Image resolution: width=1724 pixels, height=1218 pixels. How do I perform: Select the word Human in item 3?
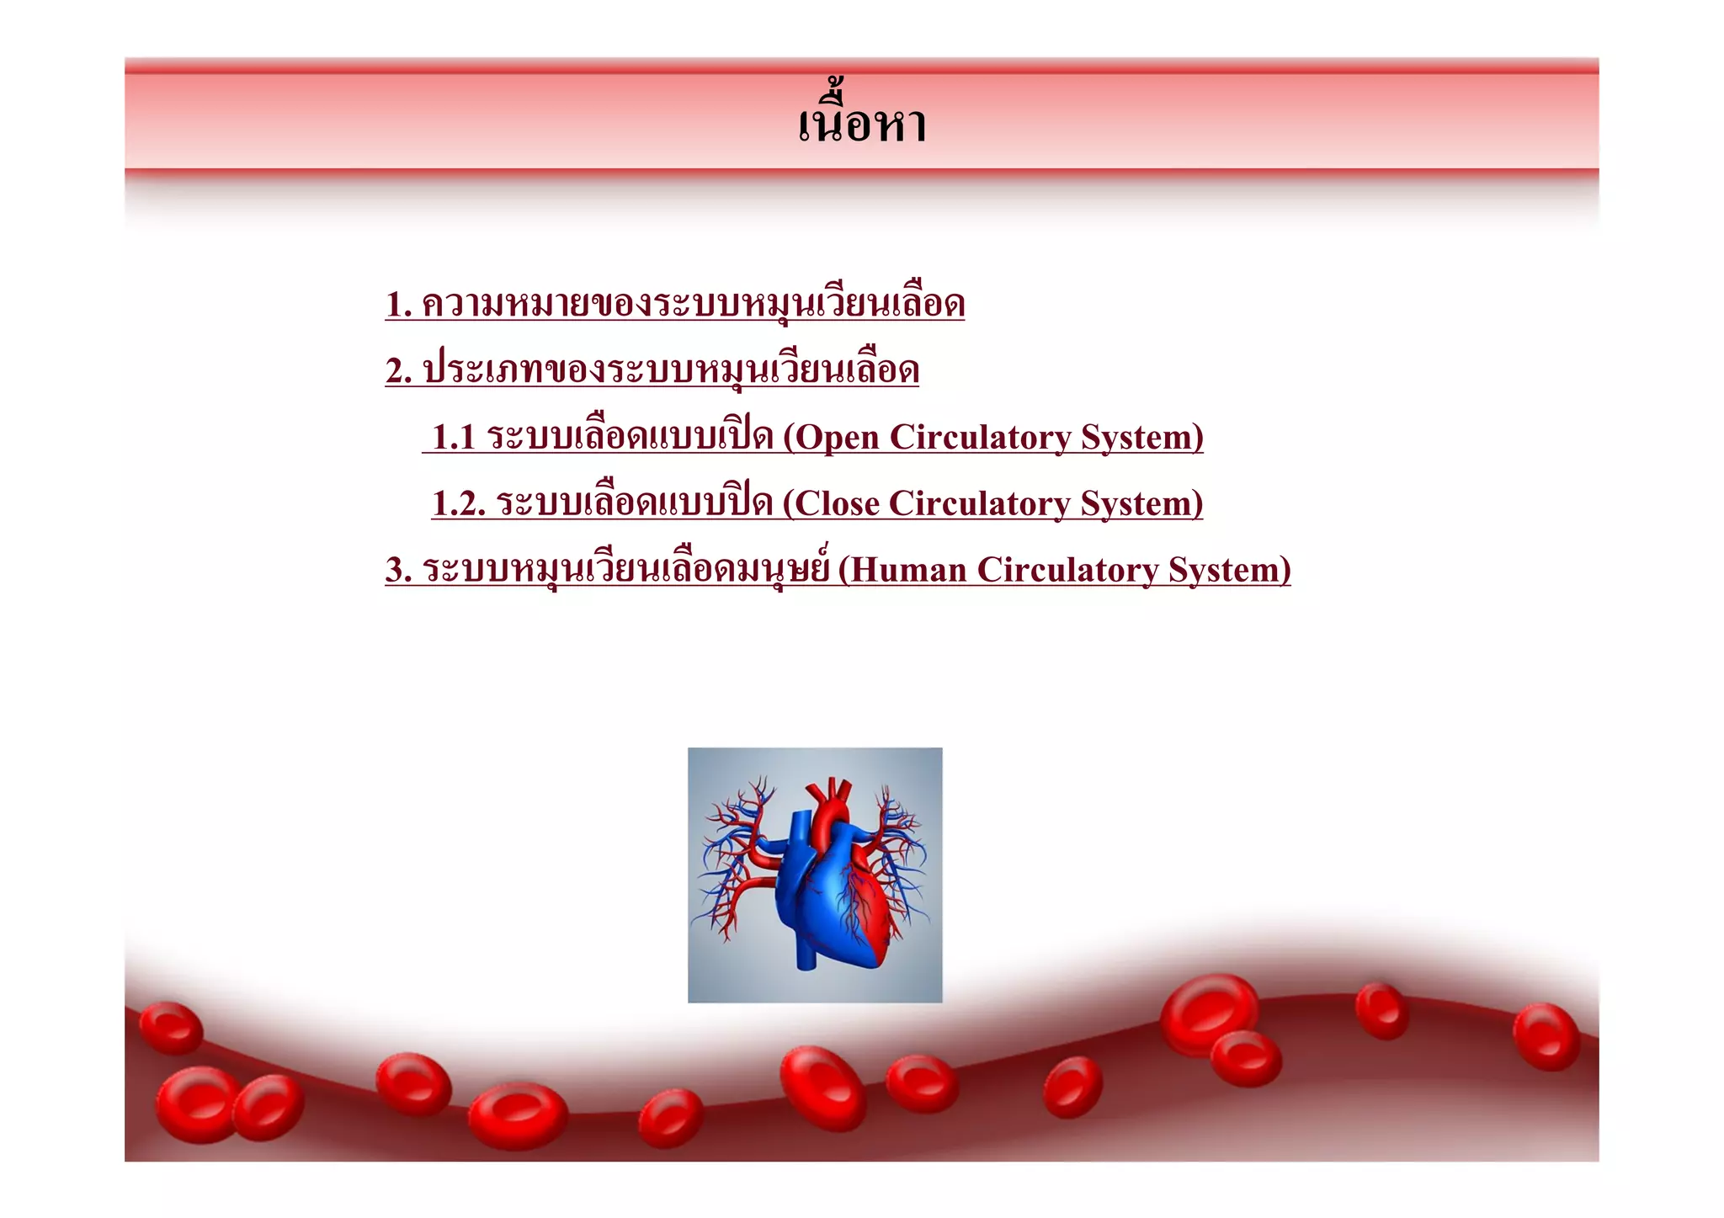point(908,570)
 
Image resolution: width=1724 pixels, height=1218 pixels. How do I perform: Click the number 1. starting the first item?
point(399,305)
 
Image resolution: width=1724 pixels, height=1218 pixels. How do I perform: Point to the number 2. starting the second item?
point(399,371)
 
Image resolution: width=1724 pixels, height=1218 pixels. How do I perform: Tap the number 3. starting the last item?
point(399,570)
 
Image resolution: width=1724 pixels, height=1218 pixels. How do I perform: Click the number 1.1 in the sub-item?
point(454,438)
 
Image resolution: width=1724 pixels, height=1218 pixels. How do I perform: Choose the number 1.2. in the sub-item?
point(459,504)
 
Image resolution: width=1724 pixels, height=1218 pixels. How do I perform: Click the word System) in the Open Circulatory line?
point(1141,438)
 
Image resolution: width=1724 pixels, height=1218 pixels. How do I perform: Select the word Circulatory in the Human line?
point(1067,570)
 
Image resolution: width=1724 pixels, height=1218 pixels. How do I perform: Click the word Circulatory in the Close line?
point(979,504)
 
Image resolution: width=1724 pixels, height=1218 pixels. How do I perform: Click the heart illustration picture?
point(815,875)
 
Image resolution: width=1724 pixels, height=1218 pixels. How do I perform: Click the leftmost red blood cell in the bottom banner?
point(171,1028)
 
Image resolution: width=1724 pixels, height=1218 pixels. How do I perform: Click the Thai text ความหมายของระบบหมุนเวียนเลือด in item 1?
point(692,305)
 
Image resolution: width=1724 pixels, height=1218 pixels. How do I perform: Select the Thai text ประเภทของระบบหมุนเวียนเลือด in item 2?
point(670,371)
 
